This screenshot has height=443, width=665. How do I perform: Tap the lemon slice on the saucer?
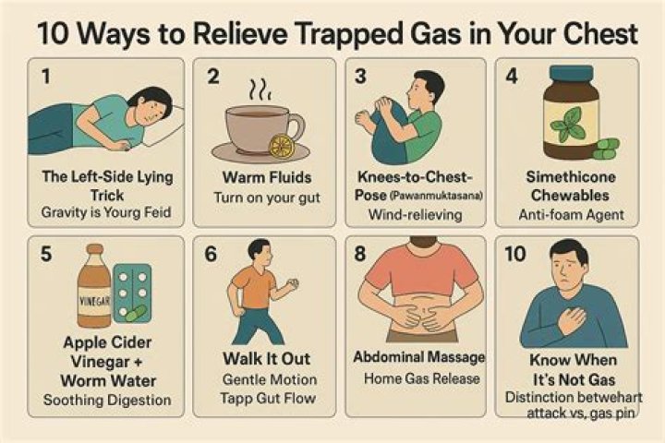(x=281, y=146)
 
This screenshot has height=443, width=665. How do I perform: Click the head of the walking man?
(x=261, y=250)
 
